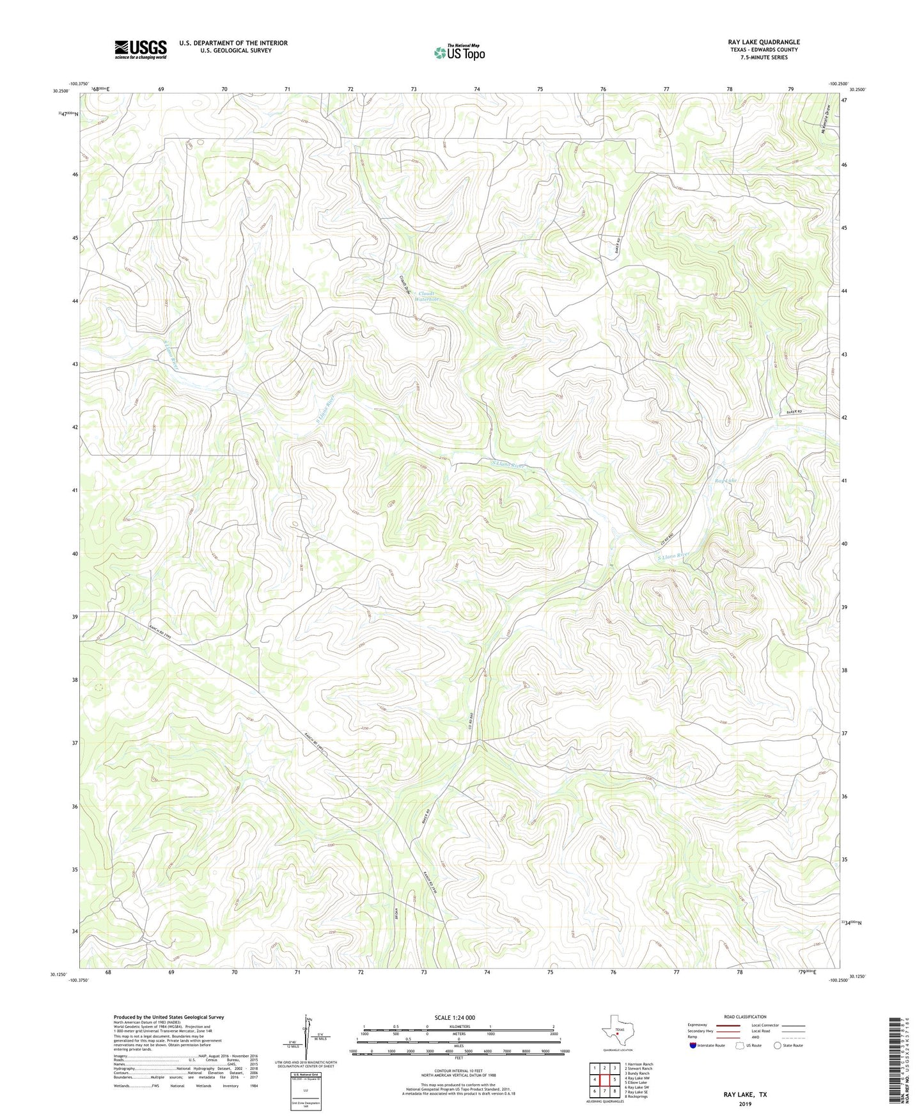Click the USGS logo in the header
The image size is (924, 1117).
point(141,49)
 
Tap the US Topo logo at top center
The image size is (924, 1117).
point(459,52)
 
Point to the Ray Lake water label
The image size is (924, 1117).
point(726,480)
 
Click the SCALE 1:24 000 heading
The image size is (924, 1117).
point(455,1018)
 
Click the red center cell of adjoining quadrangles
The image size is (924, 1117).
point(605,1080)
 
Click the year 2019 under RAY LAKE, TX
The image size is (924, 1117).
point(745,1104)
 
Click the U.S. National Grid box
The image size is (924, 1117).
point(305,1087)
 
